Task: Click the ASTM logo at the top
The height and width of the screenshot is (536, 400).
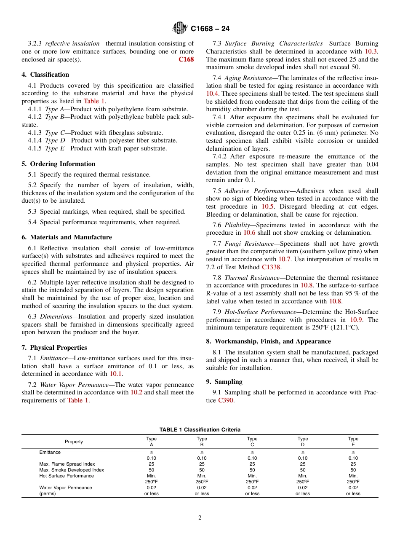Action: click(x=180, y=29)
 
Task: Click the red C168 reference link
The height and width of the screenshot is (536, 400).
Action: click(x=186, y=59)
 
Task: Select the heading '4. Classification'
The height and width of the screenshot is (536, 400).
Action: click(x=45, y=75)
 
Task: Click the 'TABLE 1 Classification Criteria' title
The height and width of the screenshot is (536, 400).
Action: click(x=200, y=430)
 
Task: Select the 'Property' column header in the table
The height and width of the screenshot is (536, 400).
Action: click(x=74, y=442)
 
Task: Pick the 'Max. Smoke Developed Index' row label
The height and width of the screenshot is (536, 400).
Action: click(x=71, y=470)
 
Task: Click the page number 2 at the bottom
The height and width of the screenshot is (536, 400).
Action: click(x=200, y=518)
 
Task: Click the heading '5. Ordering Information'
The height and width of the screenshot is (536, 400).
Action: click(x=59, y=164)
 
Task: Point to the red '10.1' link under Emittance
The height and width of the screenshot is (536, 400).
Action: click(x=116, y=374)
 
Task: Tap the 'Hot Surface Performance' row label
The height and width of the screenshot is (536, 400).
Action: click(x=67, y=476)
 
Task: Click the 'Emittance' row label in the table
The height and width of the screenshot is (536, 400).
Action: click(x=50, y=452)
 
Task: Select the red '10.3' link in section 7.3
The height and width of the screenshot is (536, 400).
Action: click(x=371, y=51)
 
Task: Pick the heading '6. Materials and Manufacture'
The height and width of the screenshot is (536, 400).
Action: click(x=67, y=237)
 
